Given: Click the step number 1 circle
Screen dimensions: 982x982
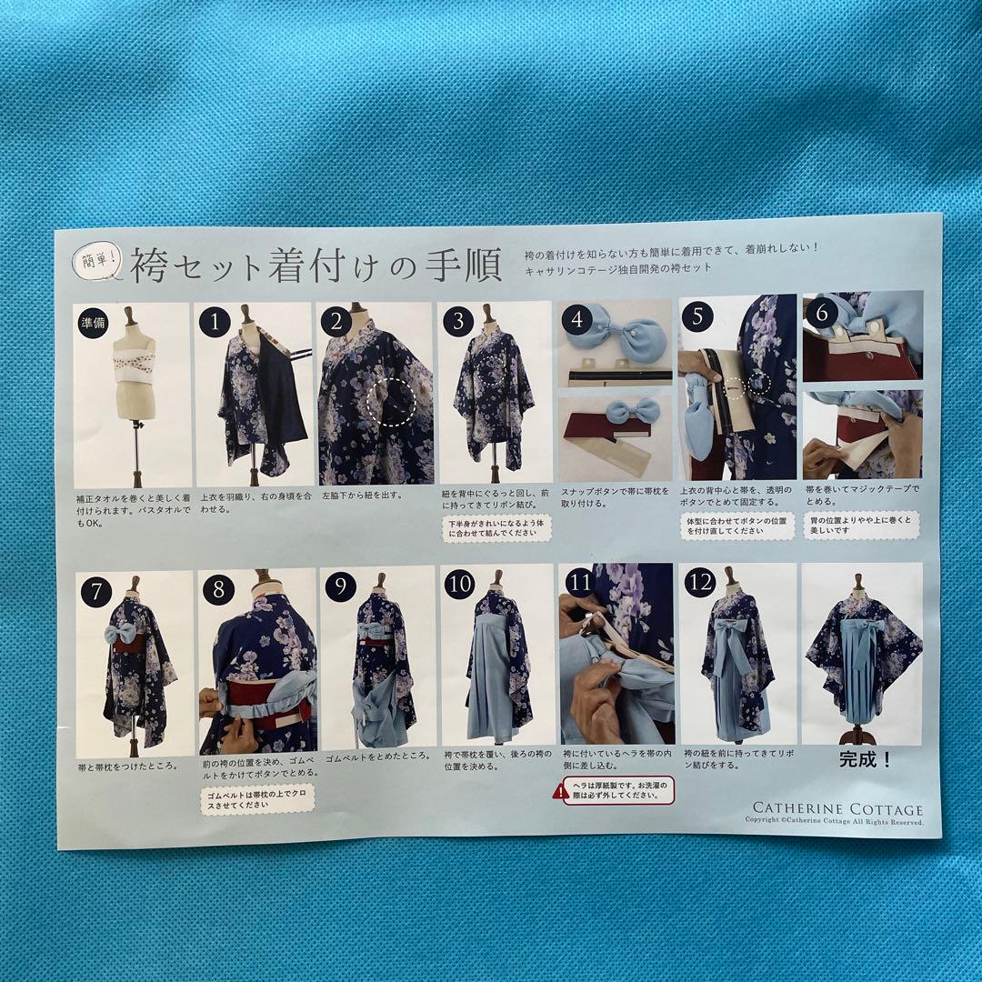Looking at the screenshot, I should tap(215, 322).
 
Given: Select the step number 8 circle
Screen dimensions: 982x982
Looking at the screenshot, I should tap(218, 589).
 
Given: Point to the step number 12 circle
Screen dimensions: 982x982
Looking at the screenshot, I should tap(699, 582).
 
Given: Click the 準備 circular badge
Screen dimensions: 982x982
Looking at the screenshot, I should tap(93, 323).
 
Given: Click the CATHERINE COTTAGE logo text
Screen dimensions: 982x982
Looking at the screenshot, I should tap(837, 808).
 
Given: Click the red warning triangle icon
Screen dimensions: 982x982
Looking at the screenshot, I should tap(561, 791).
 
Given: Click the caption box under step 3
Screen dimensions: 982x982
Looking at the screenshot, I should tap(496, 527).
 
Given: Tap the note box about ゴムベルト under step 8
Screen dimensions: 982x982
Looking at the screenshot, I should tap(257, 799).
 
